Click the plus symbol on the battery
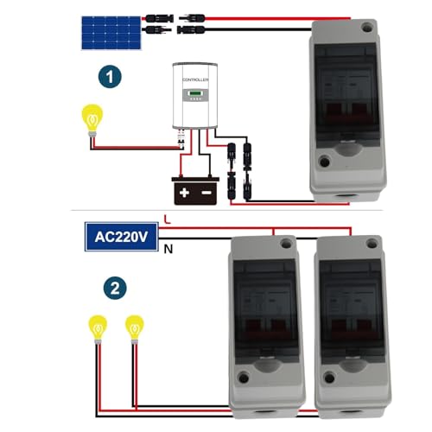tap(183, 188)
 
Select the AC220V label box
tap(122, 235)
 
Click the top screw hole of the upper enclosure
tap(365, 29)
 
